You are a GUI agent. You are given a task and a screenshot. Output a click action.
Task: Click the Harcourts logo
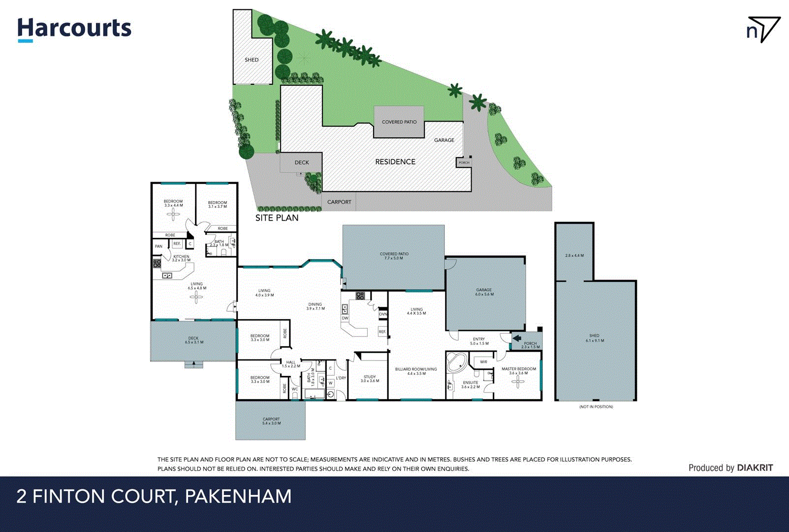tap(74, 29)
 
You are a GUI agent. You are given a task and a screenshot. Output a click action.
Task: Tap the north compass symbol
tap(763, 30)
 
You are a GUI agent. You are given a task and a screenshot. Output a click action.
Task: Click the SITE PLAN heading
tap(277, 218)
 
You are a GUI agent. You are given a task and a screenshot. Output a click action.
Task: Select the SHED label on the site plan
tap(252, 60)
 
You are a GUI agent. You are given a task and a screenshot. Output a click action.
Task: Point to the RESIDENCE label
tap(395, 162)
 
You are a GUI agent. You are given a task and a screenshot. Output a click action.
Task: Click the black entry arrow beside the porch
tap(516, 338)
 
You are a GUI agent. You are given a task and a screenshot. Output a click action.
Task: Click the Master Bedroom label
tap(519, 370)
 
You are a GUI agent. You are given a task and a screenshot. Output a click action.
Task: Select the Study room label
tap(370, 378)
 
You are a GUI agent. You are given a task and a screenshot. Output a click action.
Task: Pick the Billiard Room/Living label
tap(416, 371)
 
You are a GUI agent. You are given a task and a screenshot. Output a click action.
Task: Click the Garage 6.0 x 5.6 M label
tap(484, 292)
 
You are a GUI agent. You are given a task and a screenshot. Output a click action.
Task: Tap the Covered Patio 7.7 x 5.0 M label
tap(394, 256)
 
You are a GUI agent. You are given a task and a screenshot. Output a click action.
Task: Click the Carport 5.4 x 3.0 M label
tap(271, 421)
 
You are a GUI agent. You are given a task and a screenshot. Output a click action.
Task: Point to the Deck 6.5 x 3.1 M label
tap(193, 340)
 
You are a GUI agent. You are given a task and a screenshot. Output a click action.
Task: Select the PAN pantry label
tap(158, 246)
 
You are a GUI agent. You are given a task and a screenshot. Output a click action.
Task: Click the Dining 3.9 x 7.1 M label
tap(316, 306)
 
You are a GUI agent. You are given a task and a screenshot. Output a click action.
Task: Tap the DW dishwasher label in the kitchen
tap(345, 318)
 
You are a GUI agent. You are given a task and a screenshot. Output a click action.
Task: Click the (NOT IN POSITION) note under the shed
tap(596, 407)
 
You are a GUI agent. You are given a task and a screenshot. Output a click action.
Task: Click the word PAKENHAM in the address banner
tap(238, 496)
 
